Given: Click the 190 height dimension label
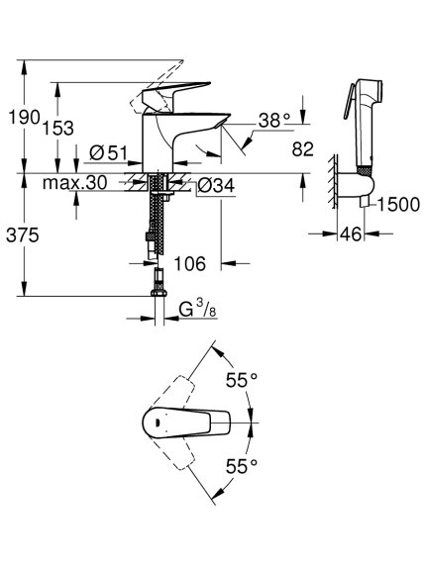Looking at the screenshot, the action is coord(24,117).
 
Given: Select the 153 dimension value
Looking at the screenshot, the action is coord(58,128).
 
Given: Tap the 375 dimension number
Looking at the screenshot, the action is coord(23,235).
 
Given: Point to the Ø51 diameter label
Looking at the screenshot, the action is coord(108,153).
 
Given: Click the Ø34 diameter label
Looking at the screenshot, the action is coord(216,186).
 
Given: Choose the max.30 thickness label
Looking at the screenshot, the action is coord(74,183).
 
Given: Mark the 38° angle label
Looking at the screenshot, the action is coord(274,121).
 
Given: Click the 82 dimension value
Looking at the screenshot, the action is coord(302,149).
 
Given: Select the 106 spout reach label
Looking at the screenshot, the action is coord(190,264).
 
